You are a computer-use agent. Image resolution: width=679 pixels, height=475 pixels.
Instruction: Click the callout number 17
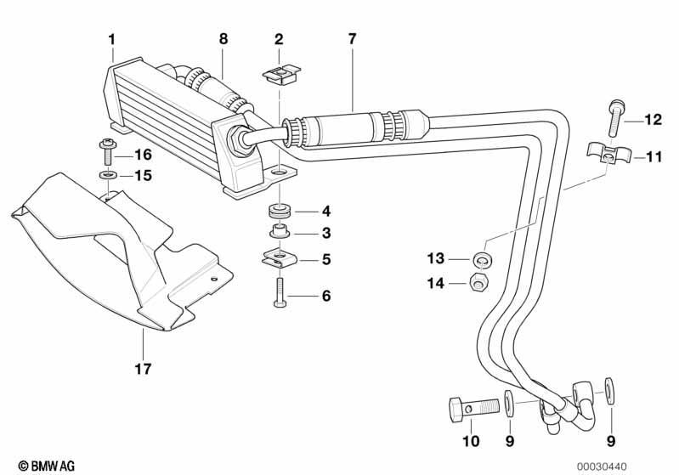pyautogui.click(x=143, y=369)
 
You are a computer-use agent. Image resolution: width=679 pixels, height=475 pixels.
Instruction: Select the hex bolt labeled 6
pyautogui.click(x=280, y=292)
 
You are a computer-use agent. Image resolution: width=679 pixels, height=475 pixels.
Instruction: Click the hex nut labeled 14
pyautogui.click(x=478, y=283)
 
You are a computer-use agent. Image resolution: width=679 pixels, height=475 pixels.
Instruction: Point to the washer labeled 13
pyautogui.click(x=482, y=259)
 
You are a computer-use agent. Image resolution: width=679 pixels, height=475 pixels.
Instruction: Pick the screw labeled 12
pyautogui.click(x=616, y=117)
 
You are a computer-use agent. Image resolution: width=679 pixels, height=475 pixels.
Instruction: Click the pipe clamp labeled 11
pyautogui.click(x=608, y=155)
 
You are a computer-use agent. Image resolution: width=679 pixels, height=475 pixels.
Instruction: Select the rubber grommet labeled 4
pyautogui.click(x=279, y=211)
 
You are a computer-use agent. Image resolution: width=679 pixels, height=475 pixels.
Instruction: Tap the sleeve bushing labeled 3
pyautogui.click(x=280, y=231)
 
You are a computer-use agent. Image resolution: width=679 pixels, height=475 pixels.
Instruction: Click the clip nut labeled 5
pyautogui.click(x=280, y=258)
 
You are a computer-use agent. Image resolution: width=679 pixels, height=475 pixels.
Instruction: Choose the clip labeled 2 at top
pyautogui.click(x=281, y=73)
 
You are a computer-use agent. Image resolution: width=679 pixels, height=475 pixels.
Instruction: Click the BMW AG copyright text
pyautogui.click(x=47, y=466)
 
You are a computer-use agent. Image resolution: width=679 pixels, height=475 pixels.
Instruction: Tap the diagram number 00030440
pyautogui.click(x=602, y=467)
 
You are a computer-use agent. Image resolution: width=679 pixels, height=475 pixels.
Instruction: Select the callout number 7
pyautogui.click(x=352, y=39)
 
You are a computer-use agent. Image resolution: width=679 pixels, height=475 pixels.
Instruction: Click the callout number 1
pyautogui.click(x=112, y=39)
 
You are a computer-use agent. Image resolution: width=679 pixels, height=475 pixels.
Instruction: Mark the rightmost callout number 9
pyautogui.click(x=610, y=441)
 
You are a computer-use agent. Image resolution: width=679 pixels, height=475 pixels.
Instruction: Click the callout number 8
pyautogui.click(x=223, y=39)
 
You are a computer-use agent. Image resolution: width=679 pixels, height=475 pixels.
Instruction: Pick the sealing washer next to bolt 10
pyautogui.click(x=509, y=404)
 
